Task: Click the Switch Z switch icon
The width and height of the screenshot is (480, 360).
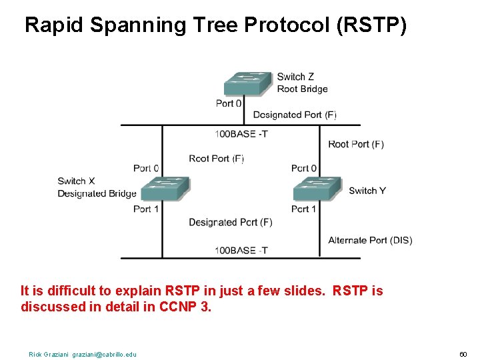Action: (249, 83)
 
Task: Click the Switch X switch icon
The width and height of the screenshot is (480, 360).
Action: (165, 189)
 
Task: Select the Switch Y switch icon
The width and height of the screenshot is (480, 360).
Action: (317, 189)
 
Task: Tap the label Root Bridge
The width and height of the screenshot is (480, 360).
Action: (302, 89)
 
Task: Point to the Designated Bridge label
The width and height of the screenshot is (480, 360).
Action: (97, 194)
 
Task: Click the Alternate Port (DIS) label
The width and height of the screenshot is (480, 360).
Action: (370, 240)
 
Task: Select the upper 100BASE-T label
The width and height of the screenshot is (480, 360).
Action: (241, 134)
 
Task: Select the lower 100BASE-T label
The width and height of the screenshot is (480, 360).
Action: (241, 251)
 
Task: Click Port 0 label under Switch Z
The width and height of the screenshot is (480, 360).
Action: (229, 103)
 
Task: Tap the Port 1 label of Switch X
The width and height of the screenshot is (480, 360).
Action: (146, 209)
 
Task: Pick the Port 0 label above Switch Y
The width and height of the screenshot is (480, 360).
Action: (304, 168)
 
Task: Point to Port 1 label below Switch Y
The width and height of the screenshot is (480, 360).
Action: (304, 209)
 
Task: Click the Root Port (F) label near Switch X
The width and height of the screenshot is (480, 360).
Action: (216, 159)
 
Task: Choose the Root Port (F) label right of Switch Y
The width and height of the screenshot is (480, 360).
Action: (356, 144)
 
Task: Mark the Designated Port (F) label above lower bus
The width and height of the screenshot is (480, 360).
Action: (230, 222)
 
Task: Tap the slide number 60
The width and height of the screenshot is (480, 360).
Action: (463, 354)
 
